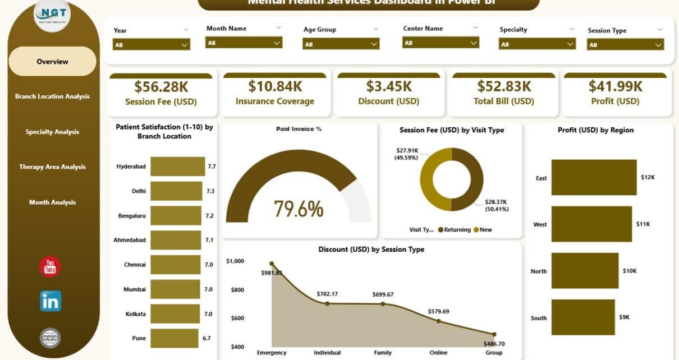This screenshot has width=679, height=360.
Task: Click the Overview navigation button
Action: [x=52, y=62]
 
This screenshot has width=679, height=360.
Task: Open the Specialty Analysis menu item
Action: [x=52, y=132]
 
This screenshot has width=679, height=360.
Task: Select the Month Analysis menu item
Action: [x=52, y=202]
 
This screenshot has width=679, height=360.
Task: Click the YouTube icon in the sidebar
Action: [x=50, y=267]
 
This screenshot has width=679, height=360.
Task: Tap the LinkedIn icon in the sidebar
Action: [x=51, y=301]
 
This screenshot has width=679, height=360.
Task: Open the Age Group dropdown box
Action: [x=341, y=44]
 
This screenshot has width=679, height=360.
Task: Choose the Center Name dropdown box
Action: [x=441, y=43]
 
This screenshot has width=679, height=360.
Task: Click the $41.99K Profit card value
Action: [x=615, y=86]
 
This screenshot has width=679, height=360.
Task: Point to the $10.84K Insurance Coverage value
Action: [x=274, y=86]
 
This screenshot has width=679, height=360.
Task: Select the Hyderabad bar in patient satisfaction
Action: [x=177, y=167]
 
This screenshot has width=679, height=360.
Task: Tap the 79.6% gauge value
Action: [x=299, y=209]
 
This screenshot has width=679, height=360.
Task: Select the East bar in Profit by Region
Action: [x=594, y=178]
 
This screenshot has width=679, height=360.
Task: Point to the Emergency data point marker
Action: [x=272, y=264]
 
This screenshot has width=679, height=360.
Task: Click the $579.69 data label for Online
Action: [x=438, y=311]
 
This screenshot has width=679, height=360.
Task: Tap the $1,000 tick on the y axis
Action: [x=235, y=261]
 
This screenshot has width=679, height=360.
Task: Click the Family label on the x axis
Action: [x=383, y=353]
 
